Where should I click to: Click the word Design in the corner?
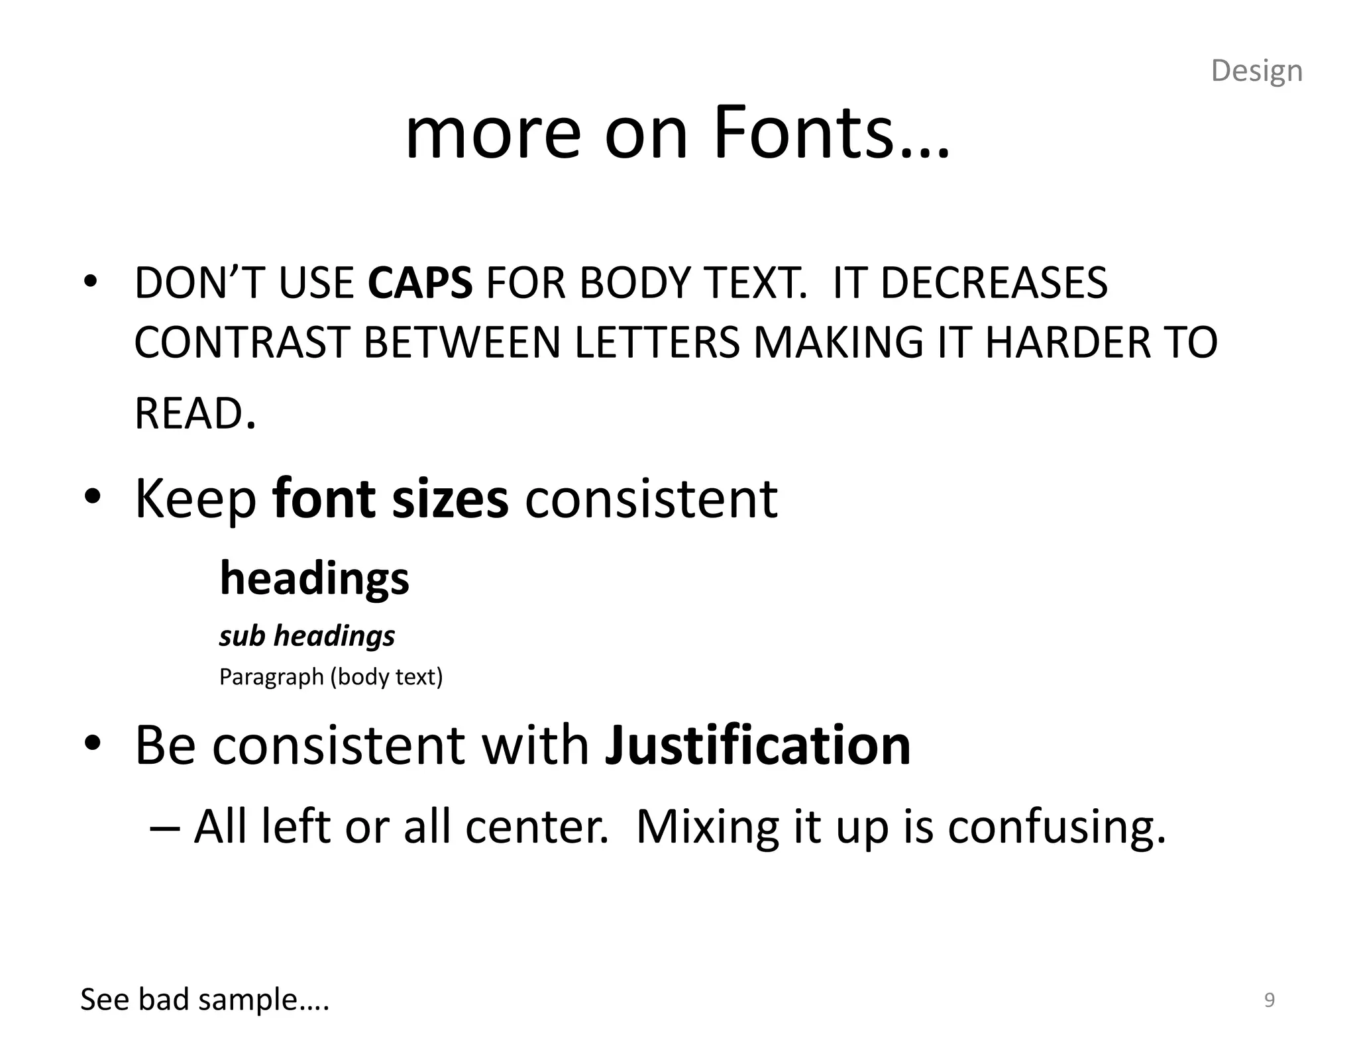[1256, 71]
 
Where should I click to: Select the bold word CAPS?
[420, 283]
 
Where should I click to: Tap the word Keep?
[195, 500]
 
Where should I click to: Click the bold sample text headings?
[314, 578]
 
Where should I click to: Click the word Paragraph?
[271, 677]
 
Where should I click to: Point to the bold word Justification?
[757, 745]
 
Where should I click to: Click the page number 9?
[1269, 1000]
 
